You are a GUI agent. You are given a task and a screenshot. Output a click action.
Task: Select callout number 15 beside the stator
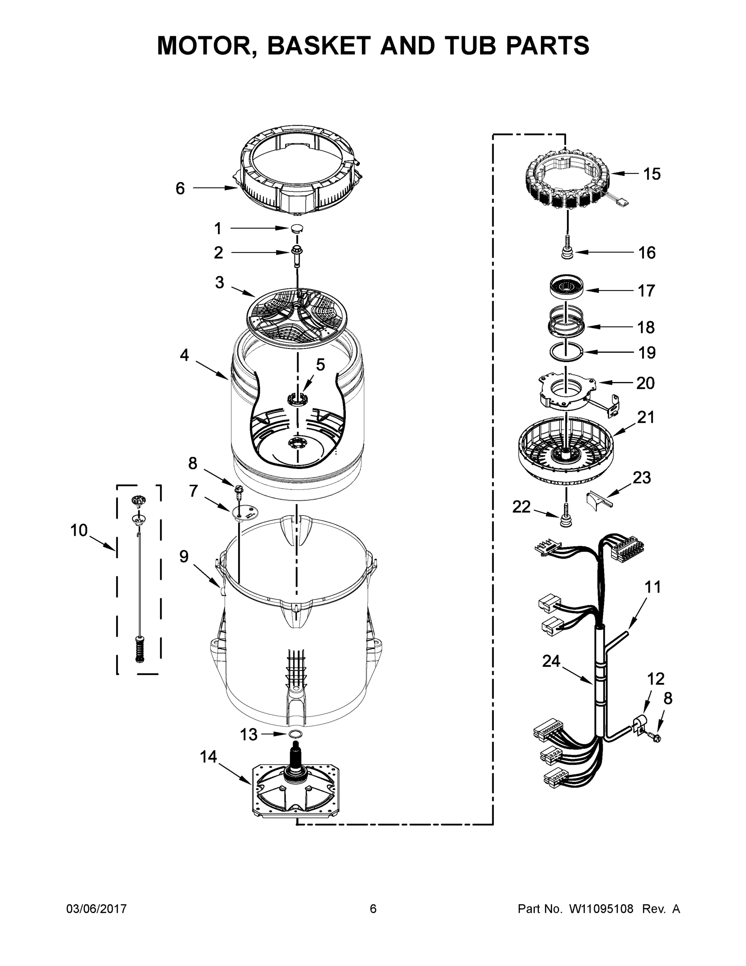(x=651, y=174)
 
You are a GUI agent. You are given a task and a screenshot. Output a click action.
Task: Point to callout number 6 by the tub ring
(x=180, y=188)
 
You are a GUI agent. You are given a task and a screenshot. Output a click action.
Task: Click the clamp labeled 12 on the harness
(x=639, y=726)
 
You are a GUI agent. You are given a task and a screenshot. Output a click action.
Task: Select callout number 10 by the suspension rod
(x=79, y=530)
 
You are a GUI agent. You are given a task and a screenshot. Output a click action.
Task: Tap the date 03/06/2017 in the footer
(x=97, y=908)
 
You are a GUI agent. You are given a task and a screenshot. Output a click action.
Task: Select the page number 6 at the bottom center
(x=373, y=908)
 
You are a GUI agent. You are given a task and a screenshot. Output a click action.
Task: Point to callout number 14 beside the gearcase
(x=208, y=756)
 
